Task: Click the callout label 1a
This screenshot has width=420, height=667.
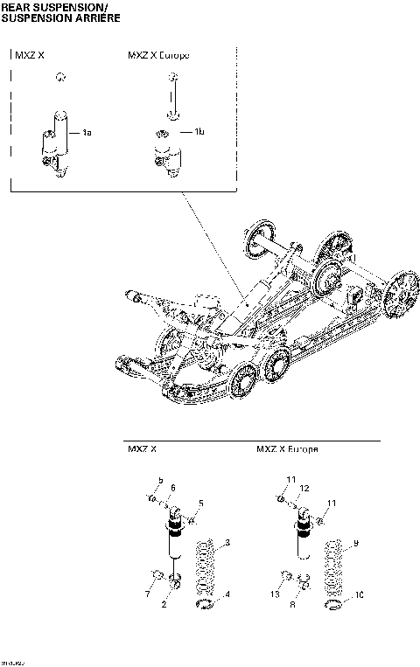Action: pyautogui.click(x=87, y=133)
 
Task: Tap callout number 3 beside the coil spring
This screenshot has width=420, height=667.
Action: pyautogui.click(x=228, y=544)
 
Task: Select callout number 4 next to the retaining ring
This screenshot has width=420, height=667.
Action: pyautogui.click(x=228, y=595)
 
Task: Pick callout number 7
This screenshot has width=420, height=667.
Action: pyautogui.click(x=147, y=595)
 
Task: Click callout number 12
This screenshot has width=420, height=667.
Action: pyautogui.click(x=304, y=488)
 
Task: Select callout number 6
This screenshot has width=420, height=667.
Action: pyautogui.click(x=172, y=488)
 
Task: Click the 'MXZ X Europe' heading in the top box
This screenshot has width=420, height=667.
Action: pyautogui.click(x=160, y=55)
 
